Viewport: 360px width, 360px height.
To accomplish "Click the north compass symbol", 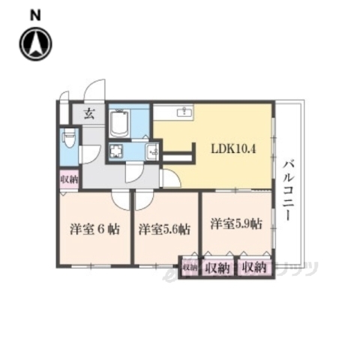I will tap(35, 45).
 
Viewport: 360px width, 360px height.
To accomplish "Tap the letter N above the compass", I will tap(35, 15).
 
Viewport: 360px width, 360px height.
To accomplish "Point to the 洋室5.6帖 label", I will tap(163, 229).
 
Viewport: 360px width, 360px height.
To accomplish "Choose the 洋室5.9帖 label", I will tap(235, 223).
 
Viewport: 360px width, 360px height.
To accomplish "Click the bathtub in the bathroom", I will tap(120, 122).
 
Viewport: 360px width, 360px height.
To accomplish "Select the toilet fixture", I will tap(68, 140).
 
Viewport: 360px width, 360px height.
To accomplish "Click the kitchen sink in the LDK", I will tap(184, 112).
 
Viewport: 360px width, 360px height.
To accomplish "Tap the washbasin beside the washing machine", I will tap(151, 151).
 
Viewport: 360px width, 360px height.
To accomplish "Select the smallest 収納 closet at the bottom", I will tap(188, 267).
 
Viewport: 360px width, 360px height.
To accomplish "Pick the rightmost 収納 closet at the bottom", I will tap(253, 267).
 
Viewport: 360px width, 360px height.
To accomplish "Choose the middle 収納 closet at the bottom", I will tap(217, 267).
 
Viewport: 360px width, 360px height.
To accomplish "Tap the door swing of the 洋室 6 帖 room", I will tap(120, 201).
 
